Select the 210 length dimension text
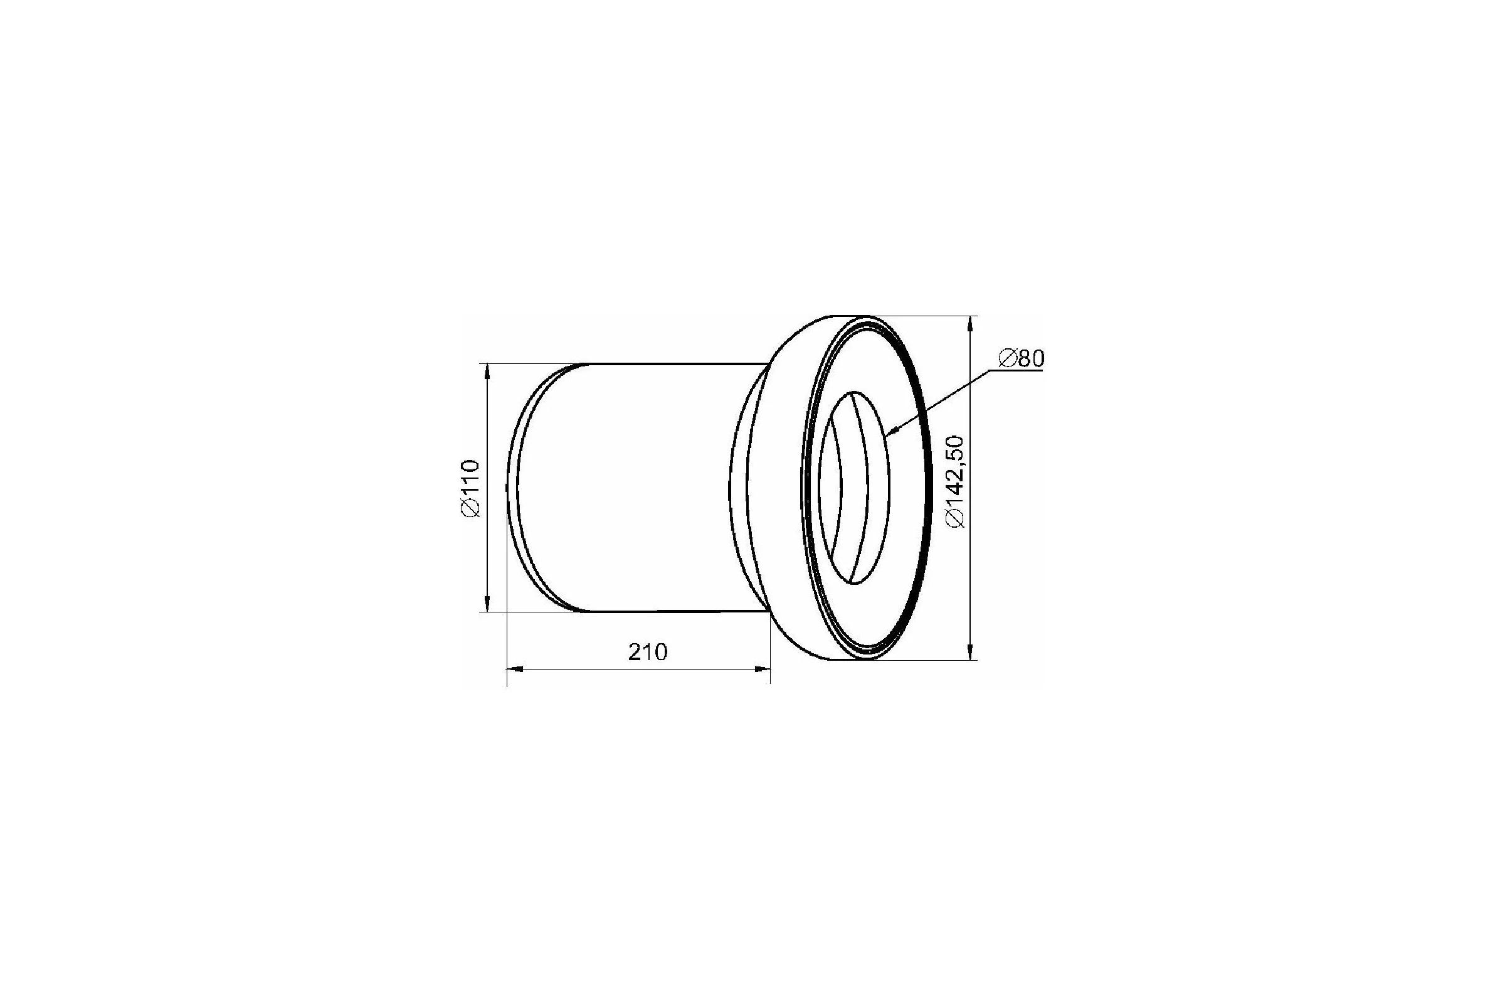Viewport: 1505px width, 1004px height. pos(648,653)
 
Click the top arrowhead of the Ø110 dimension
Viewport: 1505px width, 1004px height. pos(488,371)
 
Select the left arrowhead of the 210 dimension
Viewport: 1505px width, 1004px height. pos(515,670)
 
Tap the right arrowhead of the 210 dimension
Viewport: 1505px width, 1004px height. pos(762,670)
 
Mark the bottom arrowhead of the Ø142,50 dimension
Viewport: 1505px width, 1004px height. pos(972,651)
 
